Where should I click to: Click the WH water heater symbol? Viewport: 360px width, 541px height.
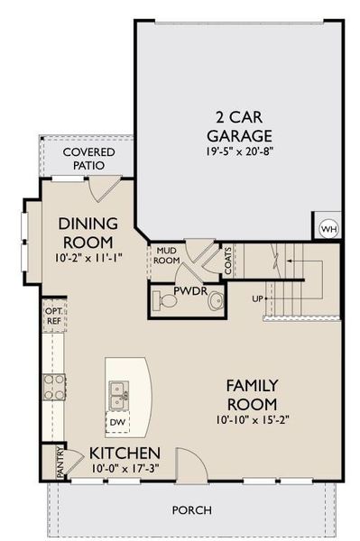pyautogui.click(x=328, y=226)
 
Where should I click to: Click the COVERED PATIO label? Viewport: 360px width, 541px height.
pyautogui.click(x=83, y=159)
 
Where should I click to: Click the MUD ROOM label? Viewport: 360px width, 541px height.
pyautogui.click(x=164, y=257)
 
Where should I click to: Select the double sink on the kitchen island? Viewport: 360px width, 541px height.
pyautogui.click(x=119, y=390)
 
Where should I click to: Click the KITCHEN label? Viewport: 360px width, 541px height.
pyautogui.click(x=125, y=452)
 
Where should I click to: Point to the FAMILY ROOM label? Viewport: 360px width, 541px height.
pyautogui.click(x=252, y=394)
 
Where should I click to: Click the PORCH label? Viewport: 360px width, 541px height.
pyautogui.click(x=193, y=509)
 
